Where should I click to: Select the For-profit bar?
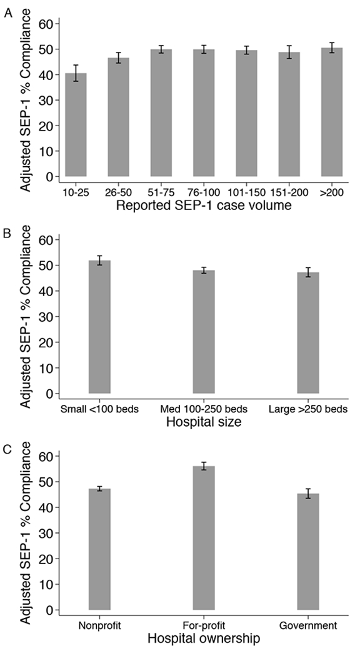point(204,538)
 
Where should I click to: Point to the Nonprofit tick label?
point(99,625)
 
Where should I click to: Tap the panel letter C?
point(7,448)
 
